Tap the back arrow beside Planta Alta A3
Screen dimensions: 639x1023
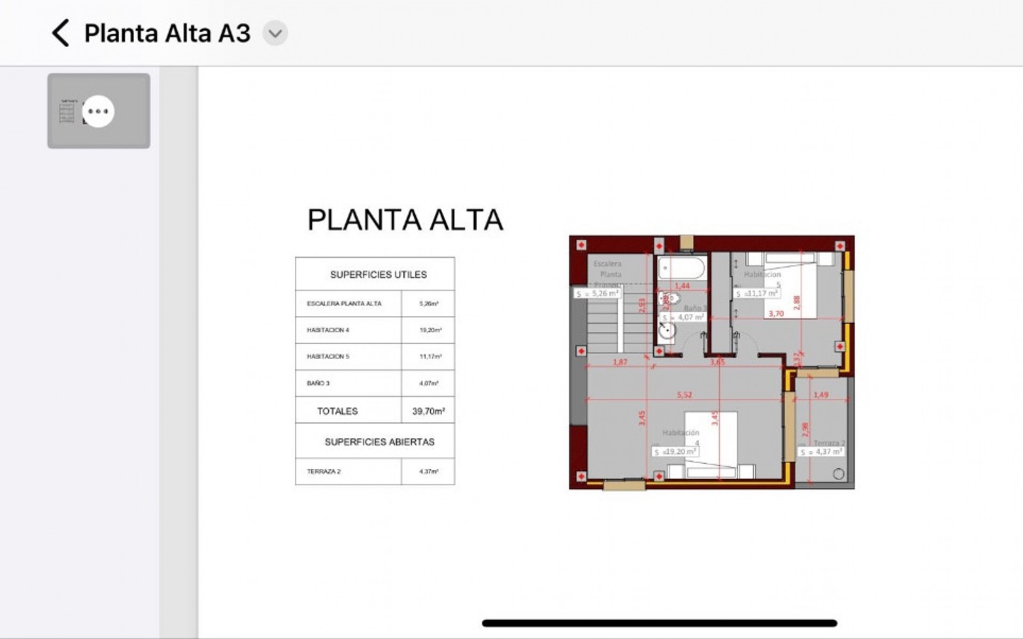tap(61, 33)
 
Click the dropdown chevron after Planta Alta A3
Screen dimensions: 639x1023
tap(275, 34)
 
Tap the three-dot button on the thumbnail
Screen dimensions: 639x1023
tap(98, 111)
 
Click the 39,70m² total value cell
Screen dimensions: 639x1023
tap(428, 411)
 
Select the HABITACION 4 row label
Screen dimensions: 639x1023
tap(328, 330)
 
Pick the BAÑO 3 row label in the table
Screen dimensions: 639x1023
tap(318, 383)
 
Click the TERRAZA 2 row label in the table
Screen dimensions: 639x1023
tap(323, 472)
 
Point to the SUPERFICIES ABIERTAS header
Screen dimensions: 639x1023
tap(379, 442)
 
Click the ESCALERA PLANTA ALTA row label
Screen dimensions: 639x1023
tap(344, 304)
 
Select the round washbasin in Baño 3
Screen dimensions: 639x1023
tap(667, 331)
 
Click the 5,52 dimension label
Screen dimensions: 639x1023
tap(684, 395)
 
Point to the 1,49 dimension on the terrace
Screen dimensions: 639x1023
tap(821, 395)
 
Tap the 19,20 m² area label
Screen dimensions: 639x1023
tap(676, 452)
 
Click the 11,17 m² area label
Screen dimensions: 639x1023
tap(757, 293)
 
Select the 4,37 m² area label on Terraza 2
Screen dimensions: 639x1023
tap(821, 452)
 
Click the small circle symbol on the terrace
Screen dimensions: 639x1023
tap(838, 474)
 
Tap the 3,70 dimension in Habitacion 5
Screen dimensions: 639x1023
tap(776, 314)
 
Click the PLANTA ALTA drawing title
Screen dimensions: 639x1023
tap(405, 219)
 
